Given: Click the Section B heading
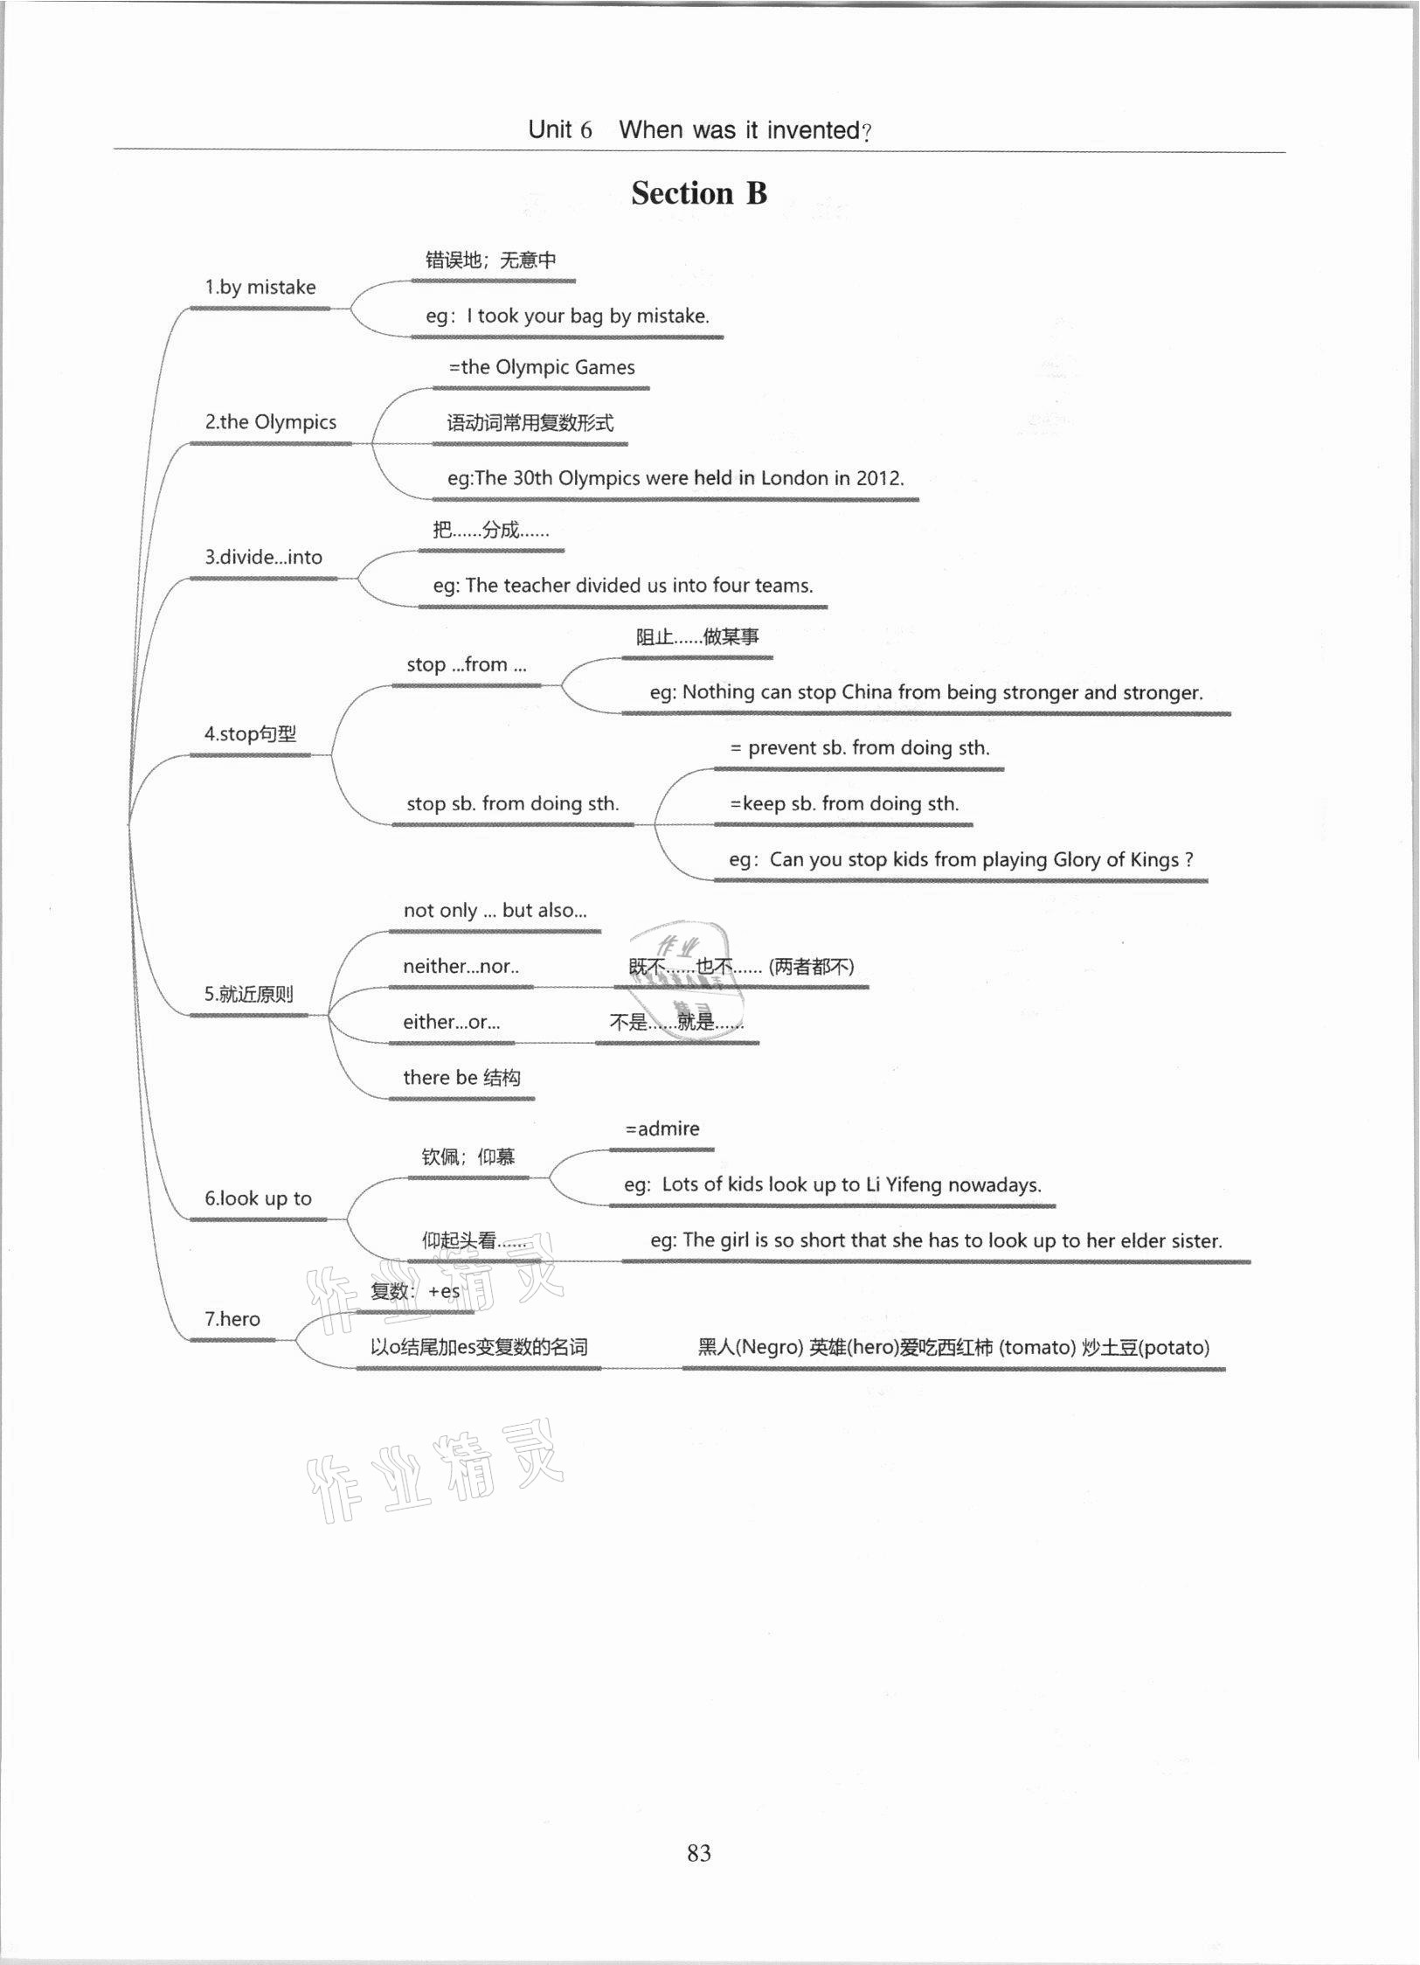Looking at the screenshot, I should point(699,193).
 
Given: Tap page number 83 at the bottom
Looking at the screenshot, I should point(699,1852).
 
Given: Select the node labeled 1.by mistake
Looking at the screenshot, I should point(260,288).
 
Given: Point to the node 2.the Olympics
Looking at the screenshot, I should point(271,422).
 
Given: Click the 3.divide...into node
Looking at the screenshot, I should point(264,558).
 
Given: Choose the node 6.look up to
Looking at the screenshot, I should point(259,1198).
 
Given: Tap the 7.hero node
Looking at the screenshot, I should point(232,1319).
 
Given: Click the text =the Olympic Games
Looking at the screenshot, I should point(542,368).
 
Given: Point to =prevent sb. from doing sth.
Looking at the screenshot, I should point(860,748).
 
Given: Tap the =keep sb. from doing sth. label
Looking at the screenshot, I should point(845,804).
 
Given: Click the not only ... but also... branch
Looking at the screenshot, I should point(495,911).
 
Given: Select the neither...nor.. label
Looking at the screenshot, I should point(461,967).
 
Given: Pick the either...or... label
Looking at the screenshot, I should point(452,1022).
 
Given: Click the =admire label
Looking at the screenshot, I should point(662,1129).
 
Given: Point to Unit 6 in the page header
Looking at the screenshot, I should point(560,130).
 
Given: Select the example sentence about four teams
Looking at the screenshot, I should point(623,586).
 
